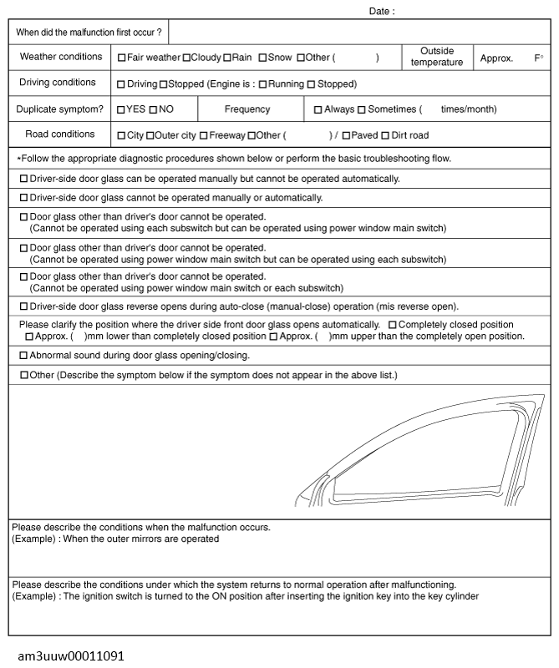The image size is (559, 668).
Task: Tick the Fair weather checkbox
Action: pos(122,58)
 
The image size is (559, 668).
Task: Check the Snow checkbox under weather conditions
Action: pos(262,58)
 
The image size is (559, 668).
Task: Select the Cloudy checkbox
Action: pos(186,58)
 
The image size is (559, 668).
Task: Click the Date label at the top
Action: pos(382,12)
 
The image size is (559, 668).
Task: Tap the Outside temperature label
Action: pos(437,58)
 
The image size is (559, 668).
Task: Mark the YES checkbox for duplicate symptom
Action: pos(121,109)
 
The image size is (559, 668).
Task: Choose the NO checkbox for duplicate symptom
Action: pos(154,109)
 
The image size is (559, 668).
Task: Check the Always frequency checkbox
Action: pos(318,109)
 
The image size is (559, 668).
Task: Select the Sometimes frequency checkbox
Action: pos(362,109)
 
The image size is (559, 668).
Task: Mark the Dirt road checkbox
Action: pos(385,135)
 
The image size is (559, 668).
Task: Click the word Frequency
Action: pos(247,109)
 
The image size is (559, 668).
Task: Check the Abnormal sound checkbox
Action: pos(23,356)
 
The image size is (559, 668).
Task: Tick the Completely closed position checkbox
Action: pos(393,325)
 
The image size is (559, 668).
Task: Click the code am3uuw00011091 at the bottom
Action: pos(71,656)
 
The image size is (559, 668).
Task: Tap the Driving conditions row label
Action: pos(58,83)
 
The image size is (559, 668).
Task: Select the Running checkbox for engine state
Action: pos(262,84)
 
